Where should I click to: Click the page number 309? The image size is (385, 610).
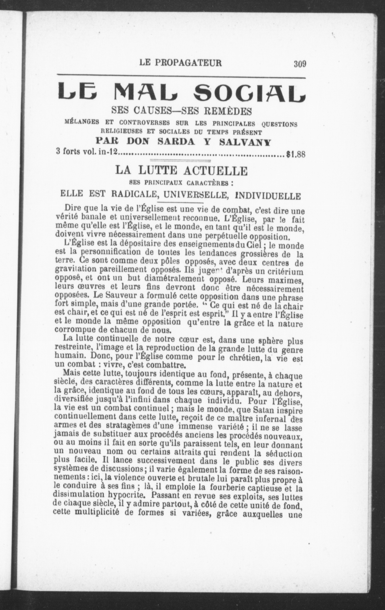coord(300,64)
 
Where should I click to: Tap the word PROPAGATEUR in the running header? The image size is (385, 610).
coord(188,63)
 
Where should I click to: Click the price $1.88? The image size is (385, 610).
coord(296,154)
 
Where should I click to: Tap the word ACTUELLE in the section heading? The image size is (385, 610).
coord(215,171)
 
